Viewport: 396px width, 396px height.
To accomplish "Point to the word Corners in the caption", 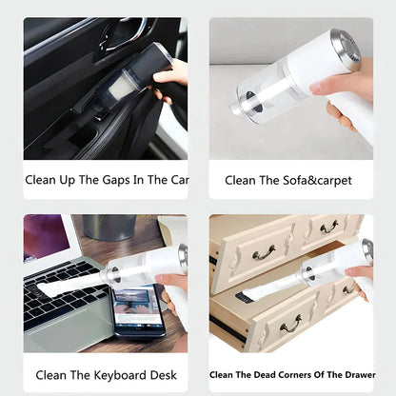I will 287,374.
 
